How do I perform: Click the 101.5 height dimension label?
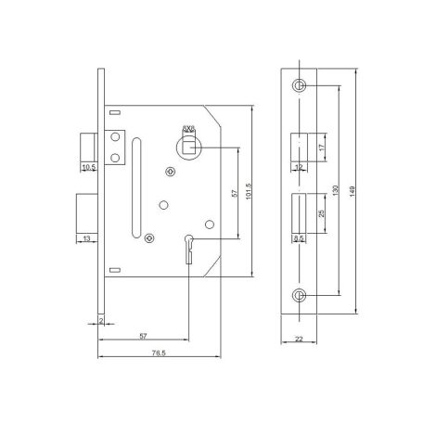[x=249, y=191]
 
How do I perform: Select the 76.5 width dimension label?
[x=159, y=352]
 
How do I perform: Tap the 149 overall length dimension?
[x=352, y=191]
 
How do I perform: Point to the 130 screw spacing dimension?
[x=336, y=190]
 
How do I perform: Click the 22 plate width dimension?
[x=299, y=339]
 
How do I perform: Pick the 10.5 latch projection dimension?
[x=89, y=167]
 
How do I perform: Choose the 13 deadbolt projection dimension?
[x=86, y=238]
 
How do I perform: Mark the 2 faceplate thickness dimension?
[x=101, y=321]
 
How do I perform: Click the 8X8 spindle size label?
[x=188, y=128]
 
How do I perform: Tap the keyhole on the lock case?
[x=188, y=250]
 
